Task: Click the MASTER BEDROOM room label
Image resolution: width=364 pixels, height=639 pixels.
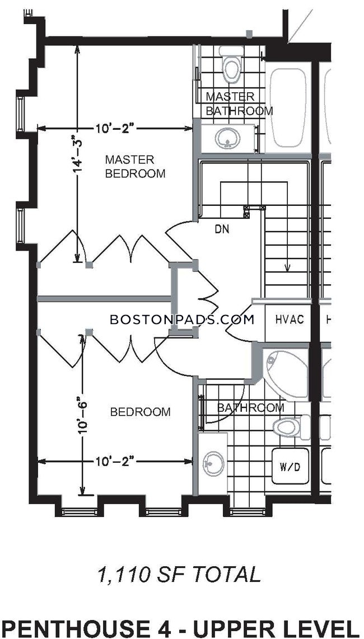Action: click(x=136, y=166)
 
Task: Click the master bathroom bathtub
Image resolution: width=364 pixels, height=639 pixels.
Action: click(x=288, y=107)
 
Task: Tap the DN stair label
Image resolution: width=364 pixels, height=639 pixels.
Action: click(x=222, y=229)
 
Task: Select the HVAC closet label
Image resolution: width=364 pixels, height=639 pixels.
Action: click(x=290, y=319)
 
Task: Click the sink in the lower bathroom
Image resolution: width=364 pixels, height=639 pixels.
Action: click(x=213, y=464)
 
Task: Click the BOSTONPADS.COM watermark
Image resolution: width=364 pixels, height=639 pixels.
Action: click(x=182, y=319)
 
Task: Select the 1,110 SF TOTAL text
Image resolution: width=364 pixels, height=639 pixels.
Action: click(x=179, y=575)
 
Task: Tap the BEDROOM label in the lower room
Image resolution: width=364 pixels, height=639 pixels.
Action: click(x=141, y=412)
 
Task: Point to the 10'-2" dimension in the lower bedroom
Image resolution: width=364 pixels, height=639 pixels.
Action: click(x=115, y=461)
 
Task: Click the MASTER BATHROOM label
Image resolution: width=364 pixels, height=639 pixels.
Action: click(x=239, y=104)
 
